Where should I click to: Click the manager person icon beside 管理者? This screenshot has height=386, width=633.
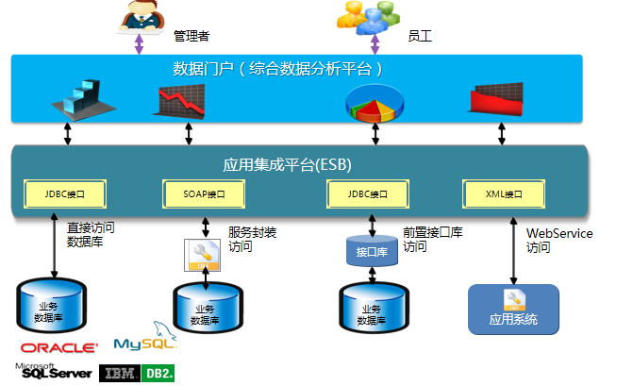[140, 17]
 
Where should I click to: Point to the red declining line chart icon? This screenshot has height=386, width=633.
[180, 101]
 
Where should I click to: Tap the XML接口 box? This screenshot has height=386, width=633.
[506, 194]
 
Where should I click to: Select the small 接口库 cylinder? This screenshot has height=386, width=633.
[368, 253]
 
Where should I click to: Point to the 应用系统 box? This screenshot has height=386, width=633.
[513, 310]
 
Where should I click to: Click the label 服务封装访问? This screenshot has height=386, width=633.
[253, 240]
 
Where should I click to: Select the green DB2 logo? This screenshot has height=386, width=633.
[158, 373]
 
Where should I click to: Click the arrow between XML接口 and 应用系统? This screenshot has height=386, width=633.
[513, 250]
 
